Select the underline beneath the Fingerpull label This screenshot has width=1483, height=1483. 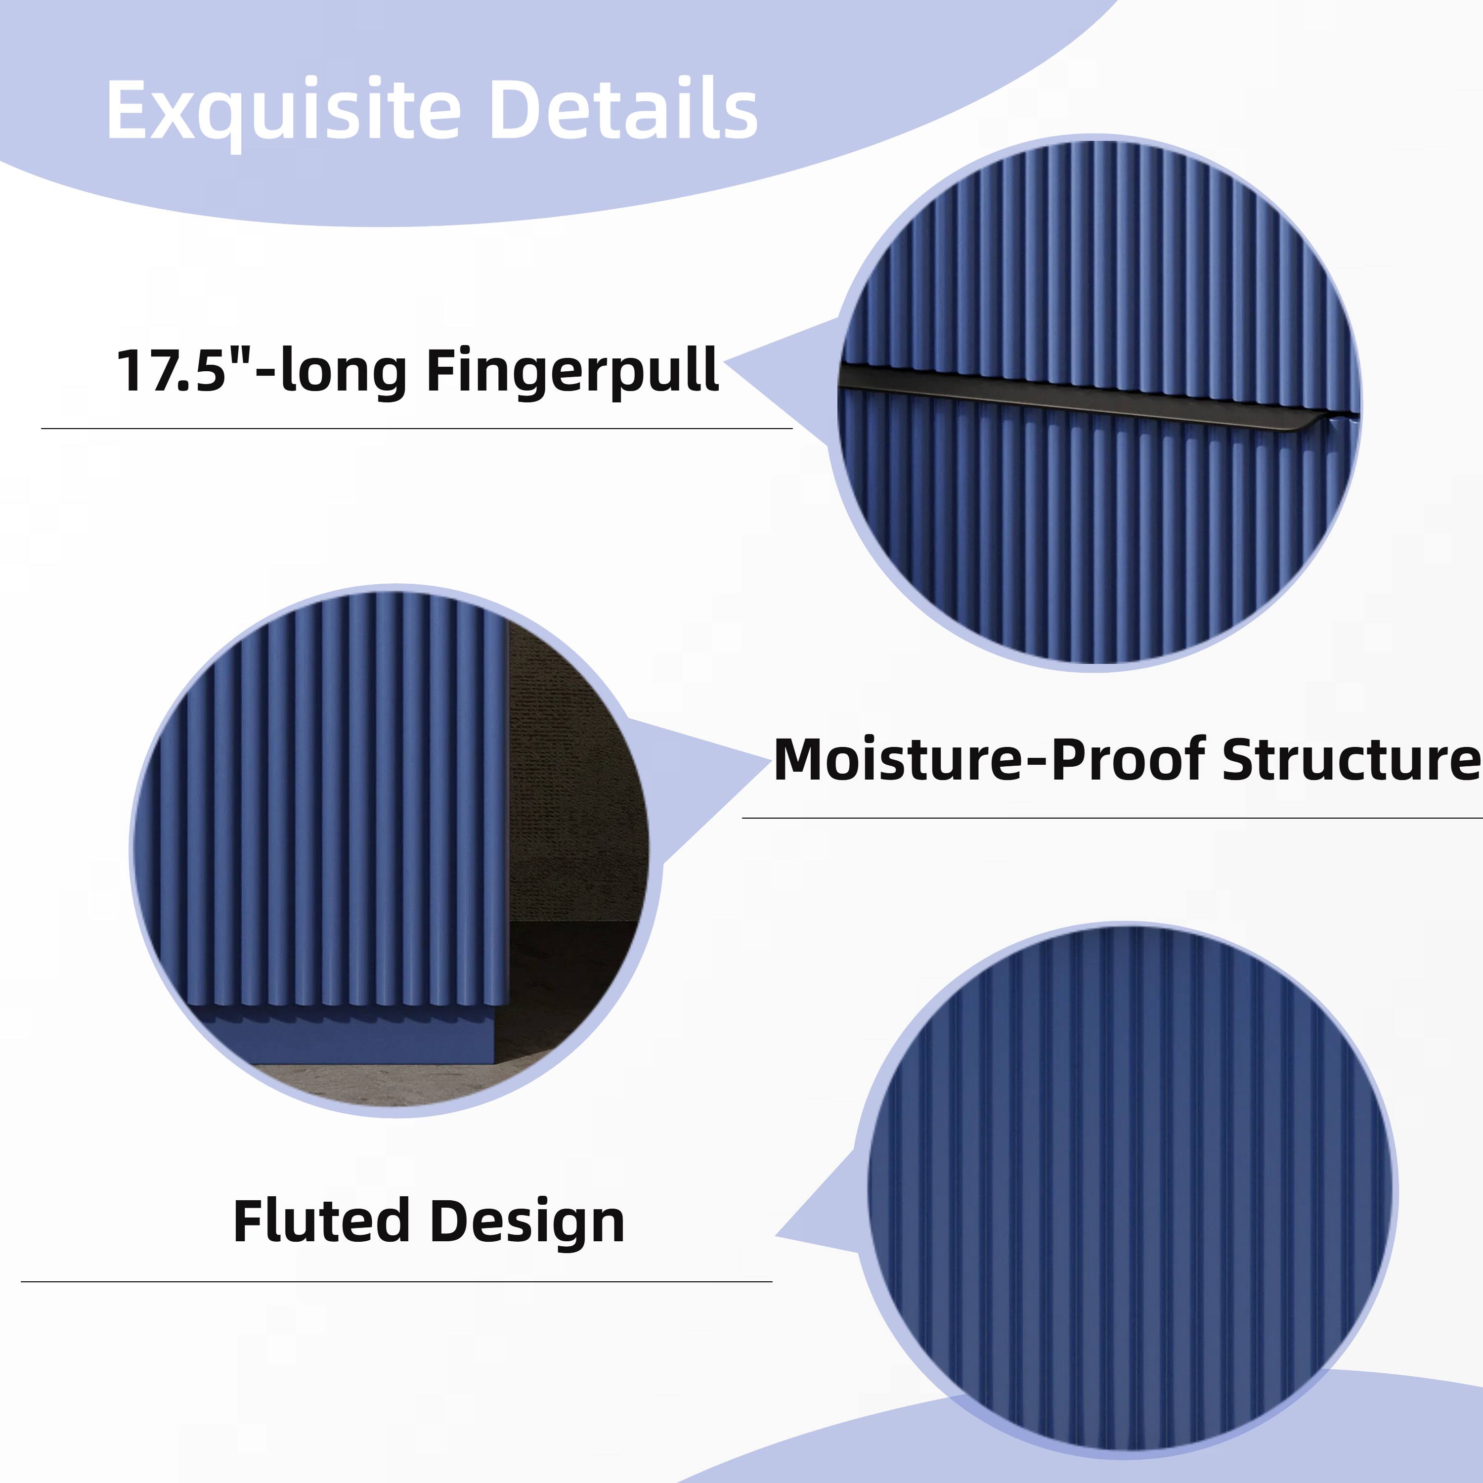416,428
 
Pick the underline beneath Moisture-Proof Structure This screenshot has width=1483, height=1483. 1111,818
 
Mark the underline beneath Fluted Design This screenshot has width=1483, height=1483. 396,1282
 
